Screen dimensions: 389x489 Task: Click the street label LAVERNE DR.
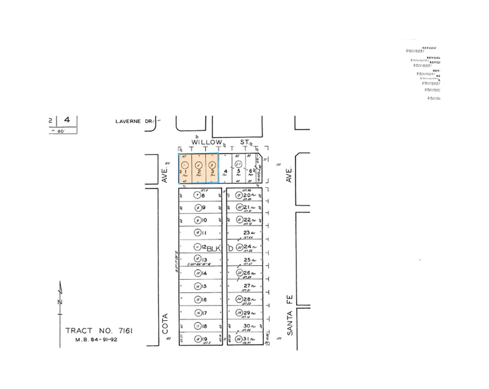133,121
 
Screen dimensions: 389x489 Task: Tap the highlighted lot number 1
186,172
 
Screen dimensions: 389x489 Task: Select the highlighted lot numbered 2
199,172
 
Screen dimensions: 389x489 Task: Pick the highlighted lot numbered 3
212,172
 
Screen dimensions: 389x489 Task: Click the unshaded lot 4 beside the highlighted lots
226,171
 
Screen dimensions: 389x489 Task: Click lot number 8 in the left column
203,196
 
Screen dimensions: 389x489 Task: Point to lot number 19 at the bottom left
203,339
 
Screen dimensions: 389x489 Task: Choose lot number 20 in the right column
246,196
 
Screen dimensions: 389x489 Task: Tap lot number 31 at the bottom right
246,339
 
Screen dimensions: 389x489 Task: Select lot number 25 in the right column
246,260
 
